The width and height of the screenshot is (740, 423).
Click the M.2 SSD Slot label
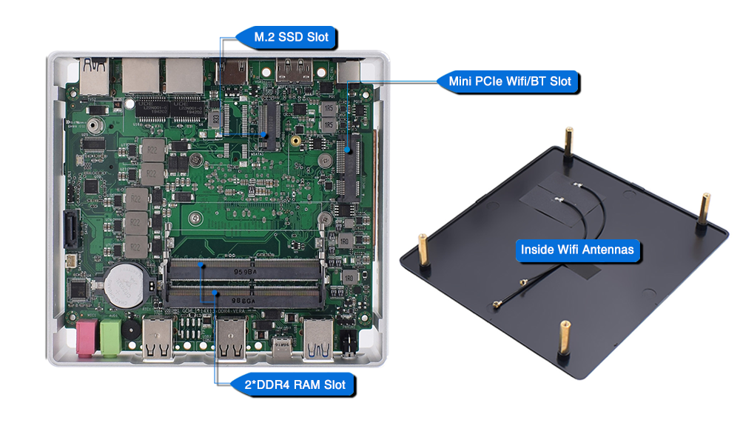click(286, 36)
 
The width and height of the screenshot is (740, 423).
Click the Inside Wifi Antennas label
click(577, 250)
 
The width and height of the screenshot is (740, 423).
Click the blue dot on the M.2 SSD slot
click(264, 134)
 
